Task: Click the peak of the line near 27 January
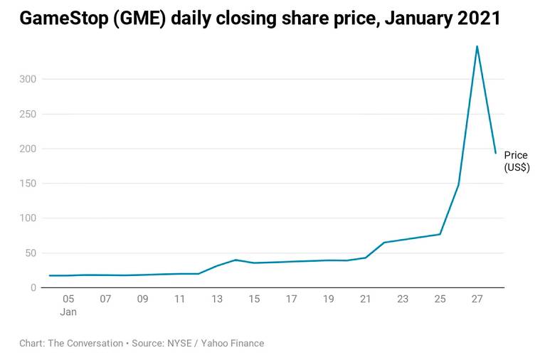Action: pos(477,46)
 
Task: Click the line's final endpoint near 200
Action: pos(496,153)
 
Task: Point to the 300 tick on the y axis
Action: pos(28,79)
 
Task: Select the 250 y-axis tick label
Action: pos(28,114)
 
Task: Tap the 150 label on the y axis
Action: pos(28,184)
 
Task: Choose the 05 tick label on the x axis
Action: pos(68,300)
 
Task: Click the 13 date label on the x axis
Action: pos(217,300)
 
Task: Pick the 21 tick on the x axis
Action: pos(366,300)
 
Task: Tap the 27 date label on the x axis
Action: pos(477,300)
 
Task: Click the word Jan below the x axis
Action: pos(68,312)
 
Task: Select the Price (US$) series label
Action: pos(517,162)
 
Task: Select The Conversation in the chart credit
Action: pos(85,344)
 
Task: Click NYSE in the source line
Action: pos(179,344)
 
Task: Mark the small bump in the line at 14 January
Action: pos(236,260)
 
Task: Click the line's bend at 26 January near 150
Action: pos(458,185)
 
